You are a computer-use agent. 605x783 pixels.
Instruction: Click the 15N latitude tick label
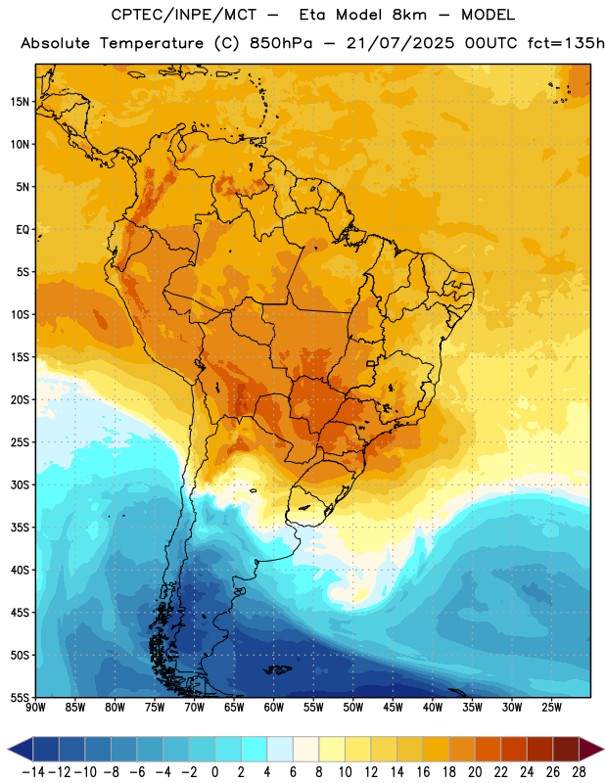coord(20,102)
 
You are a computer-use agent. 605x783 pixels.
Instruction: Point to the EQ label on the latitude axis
coord(23,230)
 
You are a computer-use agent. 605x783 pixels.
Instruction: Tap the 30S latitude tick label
coord(20,484)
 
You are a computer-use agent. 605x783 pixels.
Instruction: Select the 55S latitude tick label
coord(20,698)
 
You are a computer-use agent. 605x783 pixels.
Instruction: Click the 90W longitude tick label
coord(35,708)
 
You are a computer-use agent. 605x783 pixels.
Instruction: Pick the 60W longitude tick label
coord(274,708)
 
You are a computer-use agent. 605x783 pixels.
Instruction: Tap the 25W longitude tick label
coord(551,708)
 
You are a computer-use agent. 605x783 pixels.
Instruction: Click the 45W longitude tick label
coord(393,708)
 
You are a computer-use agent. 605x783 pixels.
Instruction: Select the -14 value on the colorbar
coord(33,772)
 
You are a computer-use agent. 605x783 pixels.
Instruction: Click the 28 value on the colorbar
coord(579,772)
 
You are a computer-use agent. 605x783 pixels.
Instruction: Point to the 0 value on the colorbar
coord(214,772)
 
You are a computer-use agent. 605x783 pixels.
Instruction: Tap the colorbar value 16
coord(423,772)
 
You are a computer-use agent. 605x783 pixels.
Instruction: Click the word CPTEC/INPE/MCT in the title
coord(183,15)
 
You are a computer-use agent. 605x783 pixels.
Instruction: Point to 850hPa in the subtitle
coord(281,43)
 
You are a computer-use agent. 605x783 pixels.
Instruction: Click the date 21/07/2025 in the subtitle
coord(400,43)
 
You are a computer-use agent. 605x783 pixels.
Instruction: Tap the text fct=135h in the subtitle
coord(566,43)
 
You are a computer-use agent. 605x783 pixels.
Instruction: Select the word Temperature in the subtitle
coord(152,43)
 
